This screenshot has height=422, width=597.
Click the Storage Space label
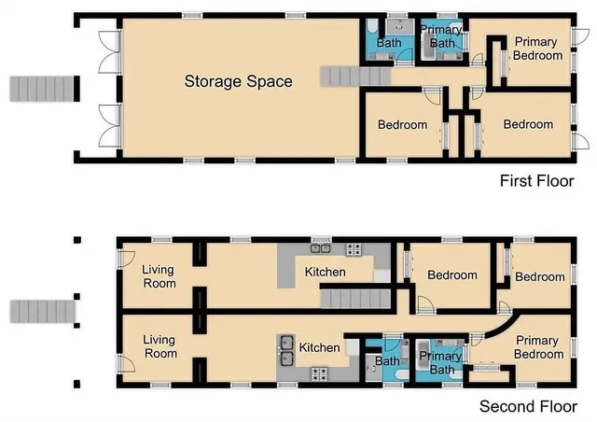pos(238,81)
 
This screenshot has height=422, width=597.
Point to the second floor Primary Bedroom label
pos(539,347)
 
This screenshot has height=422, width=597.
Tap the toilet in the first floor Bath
pos(372,25)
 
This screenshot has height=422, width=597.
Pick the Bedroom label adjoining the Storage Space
pos(402,125)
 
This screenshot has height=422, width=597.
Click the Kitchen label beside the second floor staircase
pos(326,273)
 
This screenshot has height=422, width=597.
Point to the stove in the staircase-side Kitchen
pos(354,249)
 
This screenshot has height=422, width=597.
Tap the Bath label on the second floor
pos(386,361)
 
